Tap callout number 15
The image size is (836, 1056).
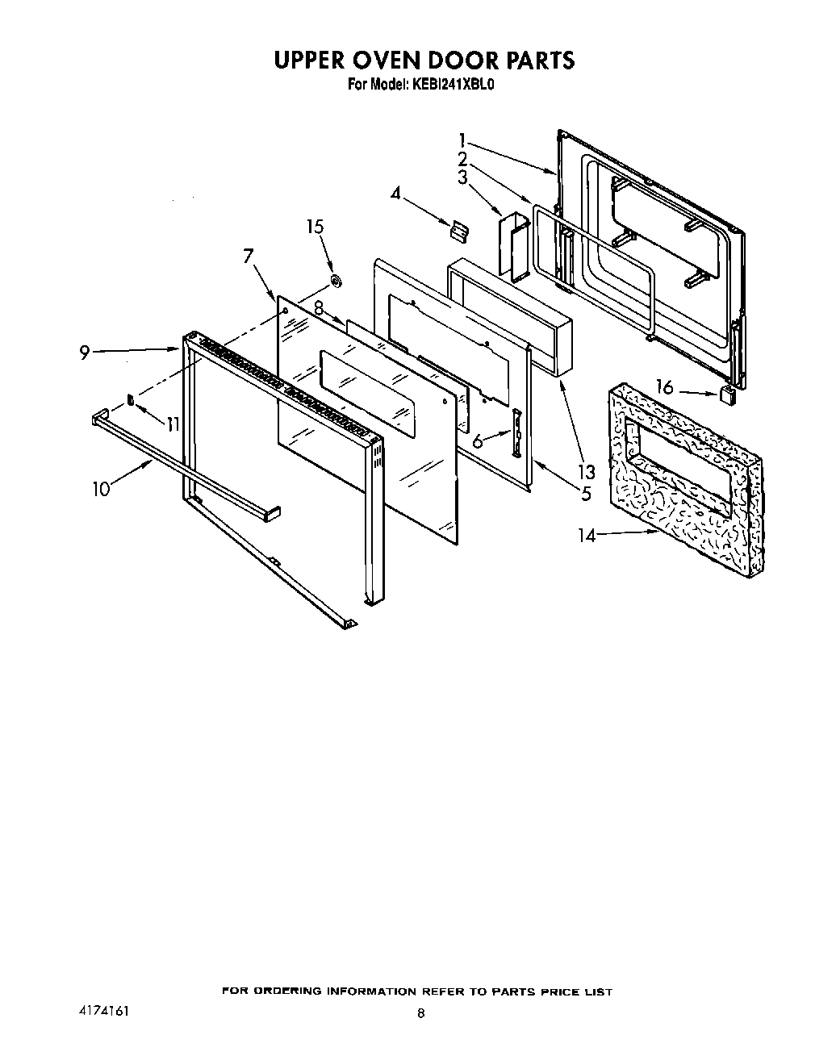[315, 227]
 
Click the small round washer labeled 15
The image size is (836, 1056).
[335, 282]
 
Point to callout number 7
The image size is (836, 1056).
[249, 257]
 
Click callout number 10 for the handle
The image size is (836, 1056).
[101, 489]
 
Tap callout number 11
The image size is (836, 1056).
[172, 423]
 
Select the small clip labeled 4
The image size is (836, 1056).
[458, 231]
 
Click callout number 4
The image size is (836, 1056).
[395, 193]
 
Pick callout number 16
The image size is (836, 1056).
[664, 388]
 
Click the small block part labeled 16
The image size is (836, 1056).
[727, 394]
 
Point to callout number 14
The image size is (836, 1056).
[587, 535]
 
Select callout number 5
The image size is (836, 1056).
[585, 492]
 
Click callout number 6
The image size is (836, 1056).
[478, 441]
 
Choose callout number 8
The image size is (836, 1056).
[319, 307]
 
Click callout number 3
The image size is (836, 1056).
[462, 178]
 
